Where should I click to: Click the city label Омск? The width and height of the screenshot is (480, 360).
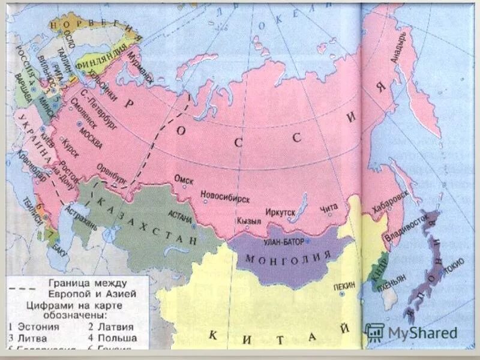coord(183,179)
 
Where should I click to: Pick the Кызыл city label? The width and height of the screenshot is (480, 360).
coord(249,221)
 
